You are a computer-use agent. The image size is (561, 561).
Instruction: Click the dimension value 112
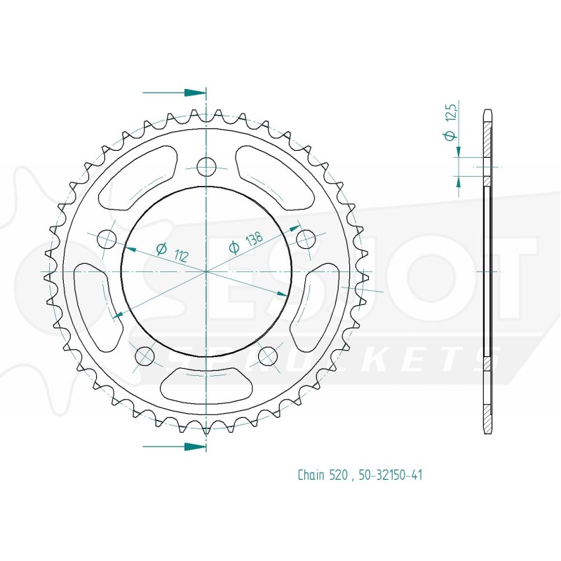(181, 255)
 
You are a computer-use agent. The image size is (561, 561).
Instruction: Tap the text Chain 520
(323, 475)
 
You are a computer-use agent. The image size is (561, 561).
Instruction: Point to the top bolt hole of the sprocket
(206, 167)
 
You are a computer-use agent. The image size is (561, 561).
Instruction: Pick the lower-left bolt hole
(145, 356)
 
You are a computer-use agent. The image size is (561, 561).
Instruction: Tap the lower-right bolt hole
(268, 356)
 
